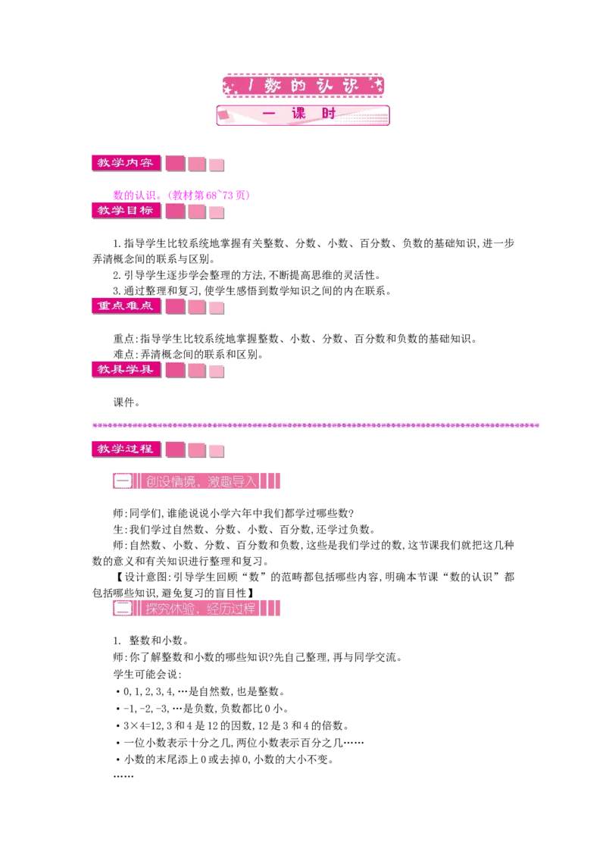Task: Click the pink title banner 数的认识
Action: point(303,86)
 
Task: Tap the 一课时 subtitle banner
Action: point(303,115)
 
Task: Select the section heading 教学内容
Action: point(126,162)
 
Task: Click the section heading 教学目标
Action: point(126,210)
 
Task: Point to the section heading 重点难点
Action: point(126,306)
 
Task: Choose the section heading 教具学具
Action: point(126,369)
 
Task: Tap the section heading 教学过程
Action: point(126,449)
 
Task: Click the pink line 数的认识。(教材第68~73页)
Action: point(182,196)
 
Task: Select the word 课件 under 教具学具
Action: point(123,402)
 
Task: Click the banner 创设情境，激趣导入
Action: point(196,481)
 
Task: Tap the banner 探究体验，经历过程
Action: point(196,609)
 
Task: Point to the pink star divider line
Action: point(316,425)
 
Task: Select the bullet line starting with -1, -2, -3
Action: point(202,709)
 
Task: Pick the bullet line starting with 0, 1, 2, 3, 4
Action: point(200,692)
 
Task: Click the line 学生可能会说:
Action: point(147,674)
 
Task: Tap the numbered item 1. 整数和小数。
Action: point(151,640)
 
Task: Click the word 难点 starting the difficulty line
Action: point(123,355)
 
